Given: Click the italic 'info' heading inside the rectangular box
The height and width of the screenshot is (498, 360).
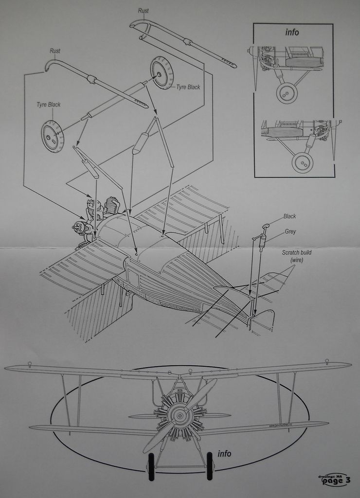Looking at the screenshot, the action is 292,33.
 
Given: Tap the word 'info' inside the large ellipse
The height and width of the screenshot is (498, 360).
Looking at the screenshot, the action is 224,454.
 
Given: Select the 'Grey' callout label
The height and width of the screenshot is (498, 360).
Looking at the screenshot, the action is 290,231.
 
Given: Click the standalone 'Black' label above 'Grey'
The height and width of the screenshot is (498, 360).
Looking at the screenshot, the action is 289,216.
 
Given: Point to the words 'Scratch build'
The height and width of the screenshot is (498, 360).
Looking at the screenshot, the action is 297,253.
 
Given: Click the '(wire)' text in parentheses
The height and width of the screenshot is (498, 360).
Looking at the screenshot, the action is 297,260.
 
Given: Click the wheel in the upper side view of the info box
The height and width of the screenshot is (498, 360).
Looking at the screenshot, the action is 287,93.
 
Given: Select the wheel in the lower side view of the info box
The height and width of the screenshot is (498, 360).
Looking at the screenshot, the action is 302,162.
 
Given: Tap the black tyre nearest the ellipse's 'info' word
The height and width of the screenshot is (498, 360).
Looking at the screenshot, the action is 210,466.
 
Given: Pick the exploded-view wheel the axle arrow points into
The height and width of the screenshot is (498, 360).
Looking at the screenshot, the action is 162,73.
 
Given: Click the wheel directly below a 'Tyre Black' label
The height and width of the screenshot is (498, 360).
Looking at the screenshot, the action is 53,136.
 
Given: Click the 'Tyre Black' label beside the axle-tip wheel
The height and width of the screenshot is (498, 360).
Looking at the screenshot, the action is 188,87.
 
